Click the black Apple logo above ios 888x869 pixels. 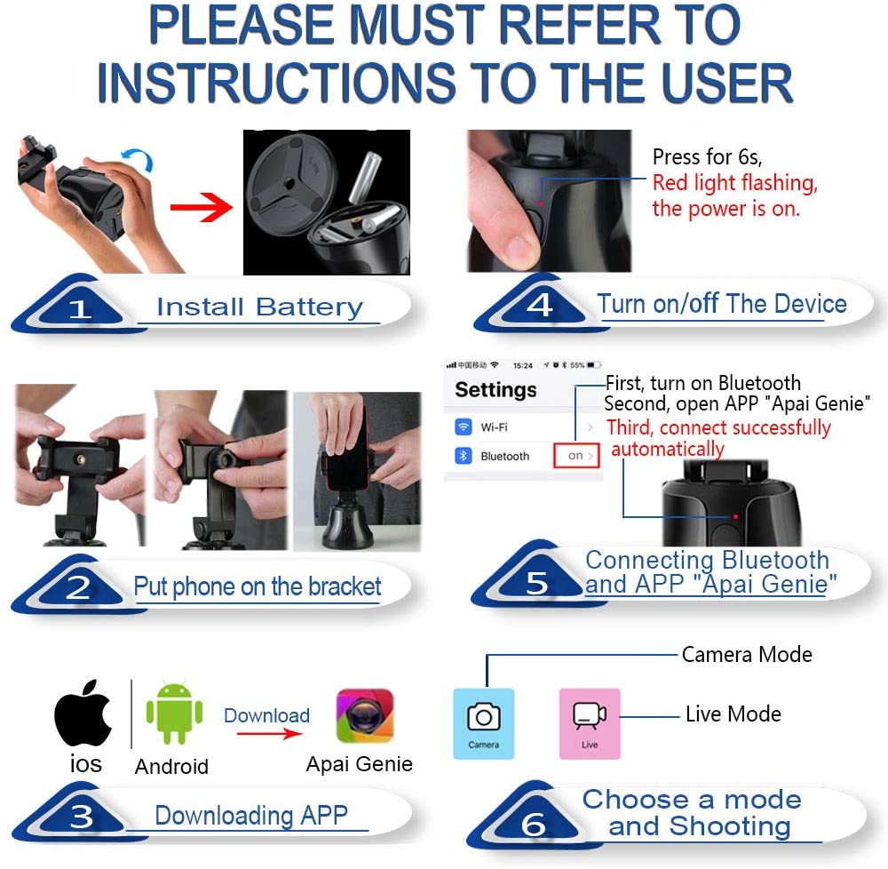83,713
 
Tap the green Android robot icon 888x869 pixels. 174,713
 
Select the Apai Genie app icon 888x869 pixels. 365,716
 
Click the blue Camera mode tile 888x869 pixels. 484,723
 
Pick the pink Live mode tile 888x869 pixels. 590,723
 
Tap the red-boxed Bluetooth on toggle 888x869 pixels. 576,456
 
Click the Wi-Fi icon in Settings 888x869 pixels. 464,427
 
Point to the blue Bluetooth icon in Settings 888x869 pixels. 464,456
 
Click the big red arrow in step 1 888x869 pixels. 201,207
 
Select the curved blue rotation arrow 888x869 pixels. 139,157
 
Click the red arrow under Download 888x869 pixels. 270,734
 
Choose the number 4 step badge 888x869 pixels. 540,306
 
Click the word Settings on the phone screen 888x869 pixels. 496,390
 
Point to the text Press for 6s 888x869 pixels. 708,156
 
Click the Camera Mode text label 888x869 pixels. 747,654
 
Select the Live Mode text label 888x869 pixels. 733,714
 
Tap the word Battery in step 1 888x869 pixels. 309,307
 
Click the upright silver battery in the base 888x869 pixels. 365,178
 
